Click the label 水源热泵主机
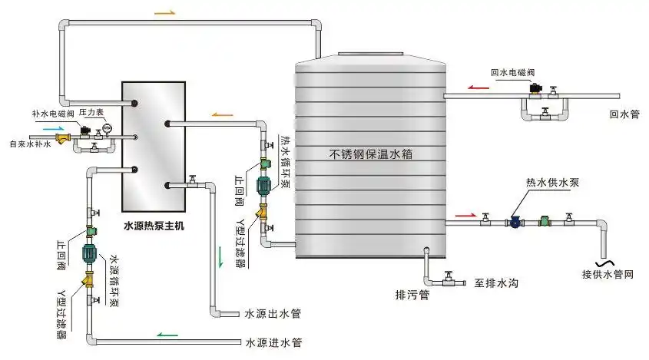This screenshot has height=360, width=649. click(154, 227)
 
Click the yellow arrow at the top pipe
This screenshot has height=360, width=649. click(164, 14)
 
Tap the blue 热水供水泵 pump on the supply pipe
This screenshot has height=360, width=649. click(515, 222)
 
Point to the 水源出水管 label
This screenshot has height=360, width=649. click(273, 313)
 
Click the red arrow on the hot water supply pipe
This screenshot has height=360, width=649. click(465, 214)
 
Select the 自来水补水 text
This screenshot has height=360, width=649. click(30, 144)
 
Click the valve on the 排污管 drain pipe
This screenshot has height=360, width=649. click(449, 276)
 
